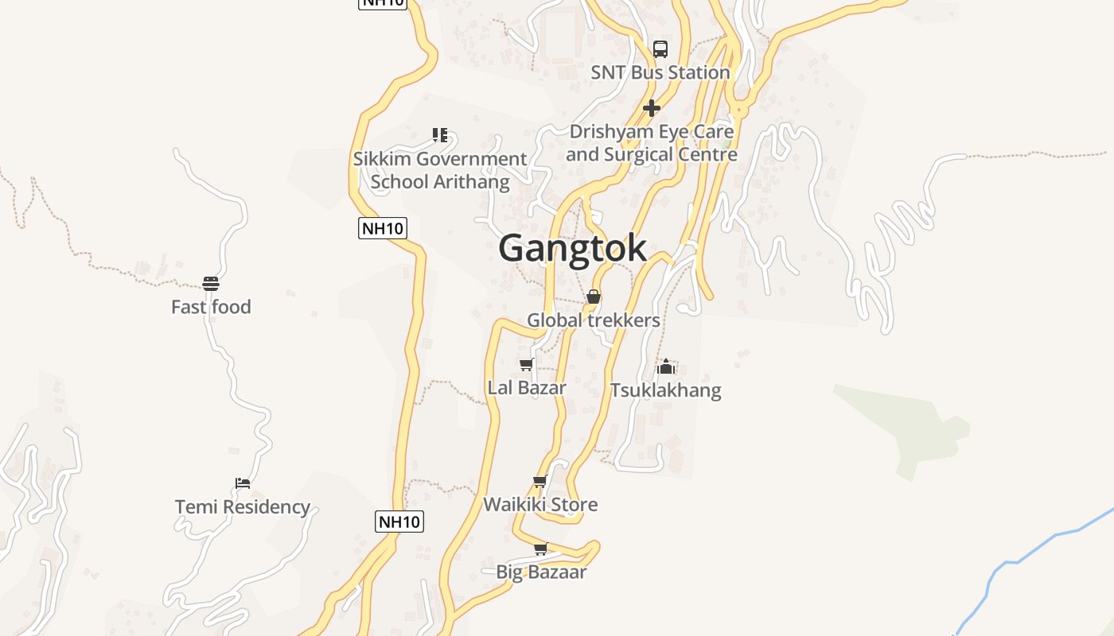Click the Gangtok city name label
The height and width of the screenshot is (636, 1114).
[572, 248]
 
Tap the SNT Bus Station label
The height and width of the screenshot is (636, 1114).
[660, 72]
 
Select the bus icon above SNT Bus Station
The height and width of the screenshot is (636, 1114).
[660, 49]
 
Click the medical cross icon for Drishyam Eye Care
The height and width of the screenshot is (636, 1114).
[652, 108]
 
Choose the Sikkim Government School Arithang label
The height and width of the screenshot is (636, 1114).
[440, 170]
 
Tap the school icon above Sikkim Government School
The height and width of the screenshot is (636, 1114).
[440, 135]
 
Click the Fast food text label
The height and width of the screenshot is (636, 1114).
[211, 307]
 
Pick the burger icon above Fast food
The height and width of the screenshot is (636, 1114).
[211, 283]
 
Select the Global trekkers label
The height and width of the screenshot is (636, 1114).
[594, 320]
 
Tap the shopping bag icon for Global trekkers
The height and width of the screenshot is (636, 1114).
[594, 297]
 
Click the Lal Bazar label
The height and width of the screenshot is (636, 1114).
[527, 388]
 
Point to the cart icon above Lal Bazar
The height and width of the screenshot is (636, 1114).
[526, 365]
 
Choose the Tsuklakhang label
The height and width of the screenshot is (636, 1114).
[666, 390]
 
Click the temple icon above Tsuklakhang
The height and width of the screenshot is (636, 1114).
[666, 366]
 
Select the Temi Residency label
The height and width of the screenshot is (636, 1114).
[243, 507]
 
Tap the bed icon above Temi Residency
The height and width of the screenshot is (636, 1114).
[243, 483]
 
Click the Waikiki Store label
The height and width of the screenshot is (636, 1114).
[540, 505]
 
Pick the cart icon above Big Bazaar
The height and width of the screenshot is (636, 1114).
[540, 549]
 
